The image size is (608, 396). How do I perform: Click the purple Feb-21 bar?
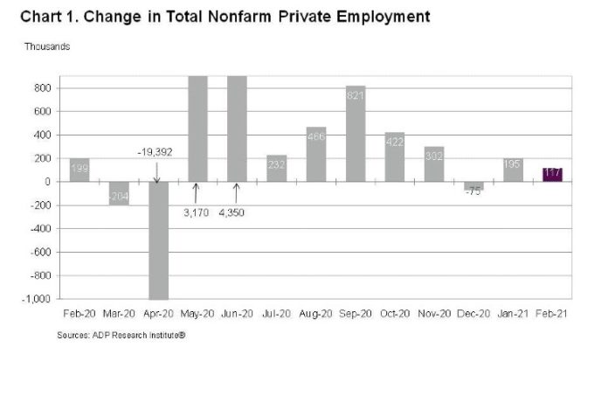(x=552, y=174)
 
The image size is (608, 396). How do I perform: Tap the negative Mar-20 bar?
(x=118, y=193)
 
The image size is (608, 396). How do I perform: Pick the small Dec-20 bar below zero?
(x=473, y=185)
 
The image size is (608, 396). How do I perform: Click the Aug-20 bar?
(x=315, y=154)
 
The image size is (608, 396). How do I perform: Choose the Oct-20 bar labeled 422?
(x=394, y=156)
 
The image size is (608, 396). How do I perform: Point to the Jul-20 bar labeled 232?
(x=276, y=168)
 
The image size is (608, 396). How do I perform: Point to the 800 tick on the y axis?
(x=43, y=88)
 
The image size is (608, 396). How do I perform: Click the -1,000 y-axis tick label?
(x=38, y=299)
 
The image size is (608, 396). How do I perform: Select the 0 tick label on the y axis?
(x=48, y=182)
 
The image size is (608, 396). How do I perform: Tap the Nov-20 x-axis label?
(x=433, y=314)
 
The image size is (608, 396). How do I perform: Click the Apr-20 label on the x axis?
(x=157, y=314)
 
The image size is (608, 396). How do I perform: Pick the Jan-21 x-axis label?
(x=512, y=314)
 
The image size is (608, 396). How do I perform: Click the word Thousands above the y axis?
(x=47, y=45)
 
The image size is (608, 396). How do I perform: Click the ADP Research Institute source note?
(x=123, y=335)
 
